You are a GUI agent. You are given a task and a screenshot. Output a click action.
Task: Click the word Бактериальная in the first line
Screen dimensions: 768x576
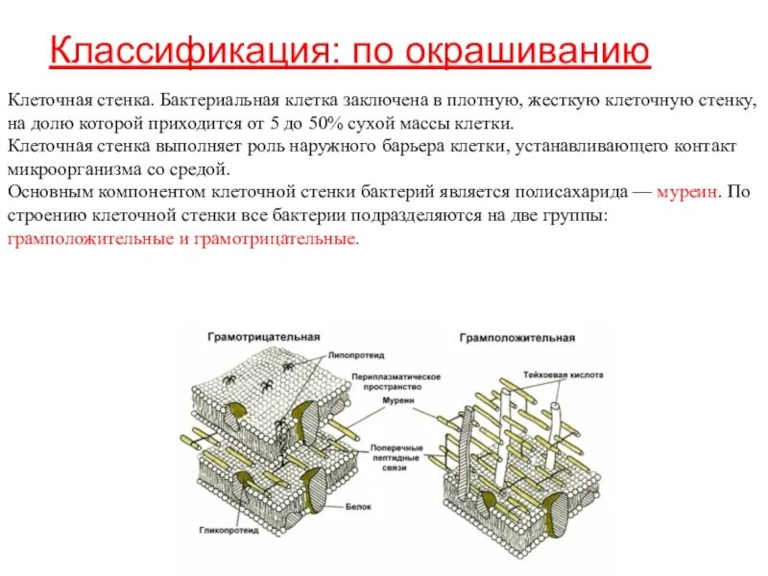(214, 100)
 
